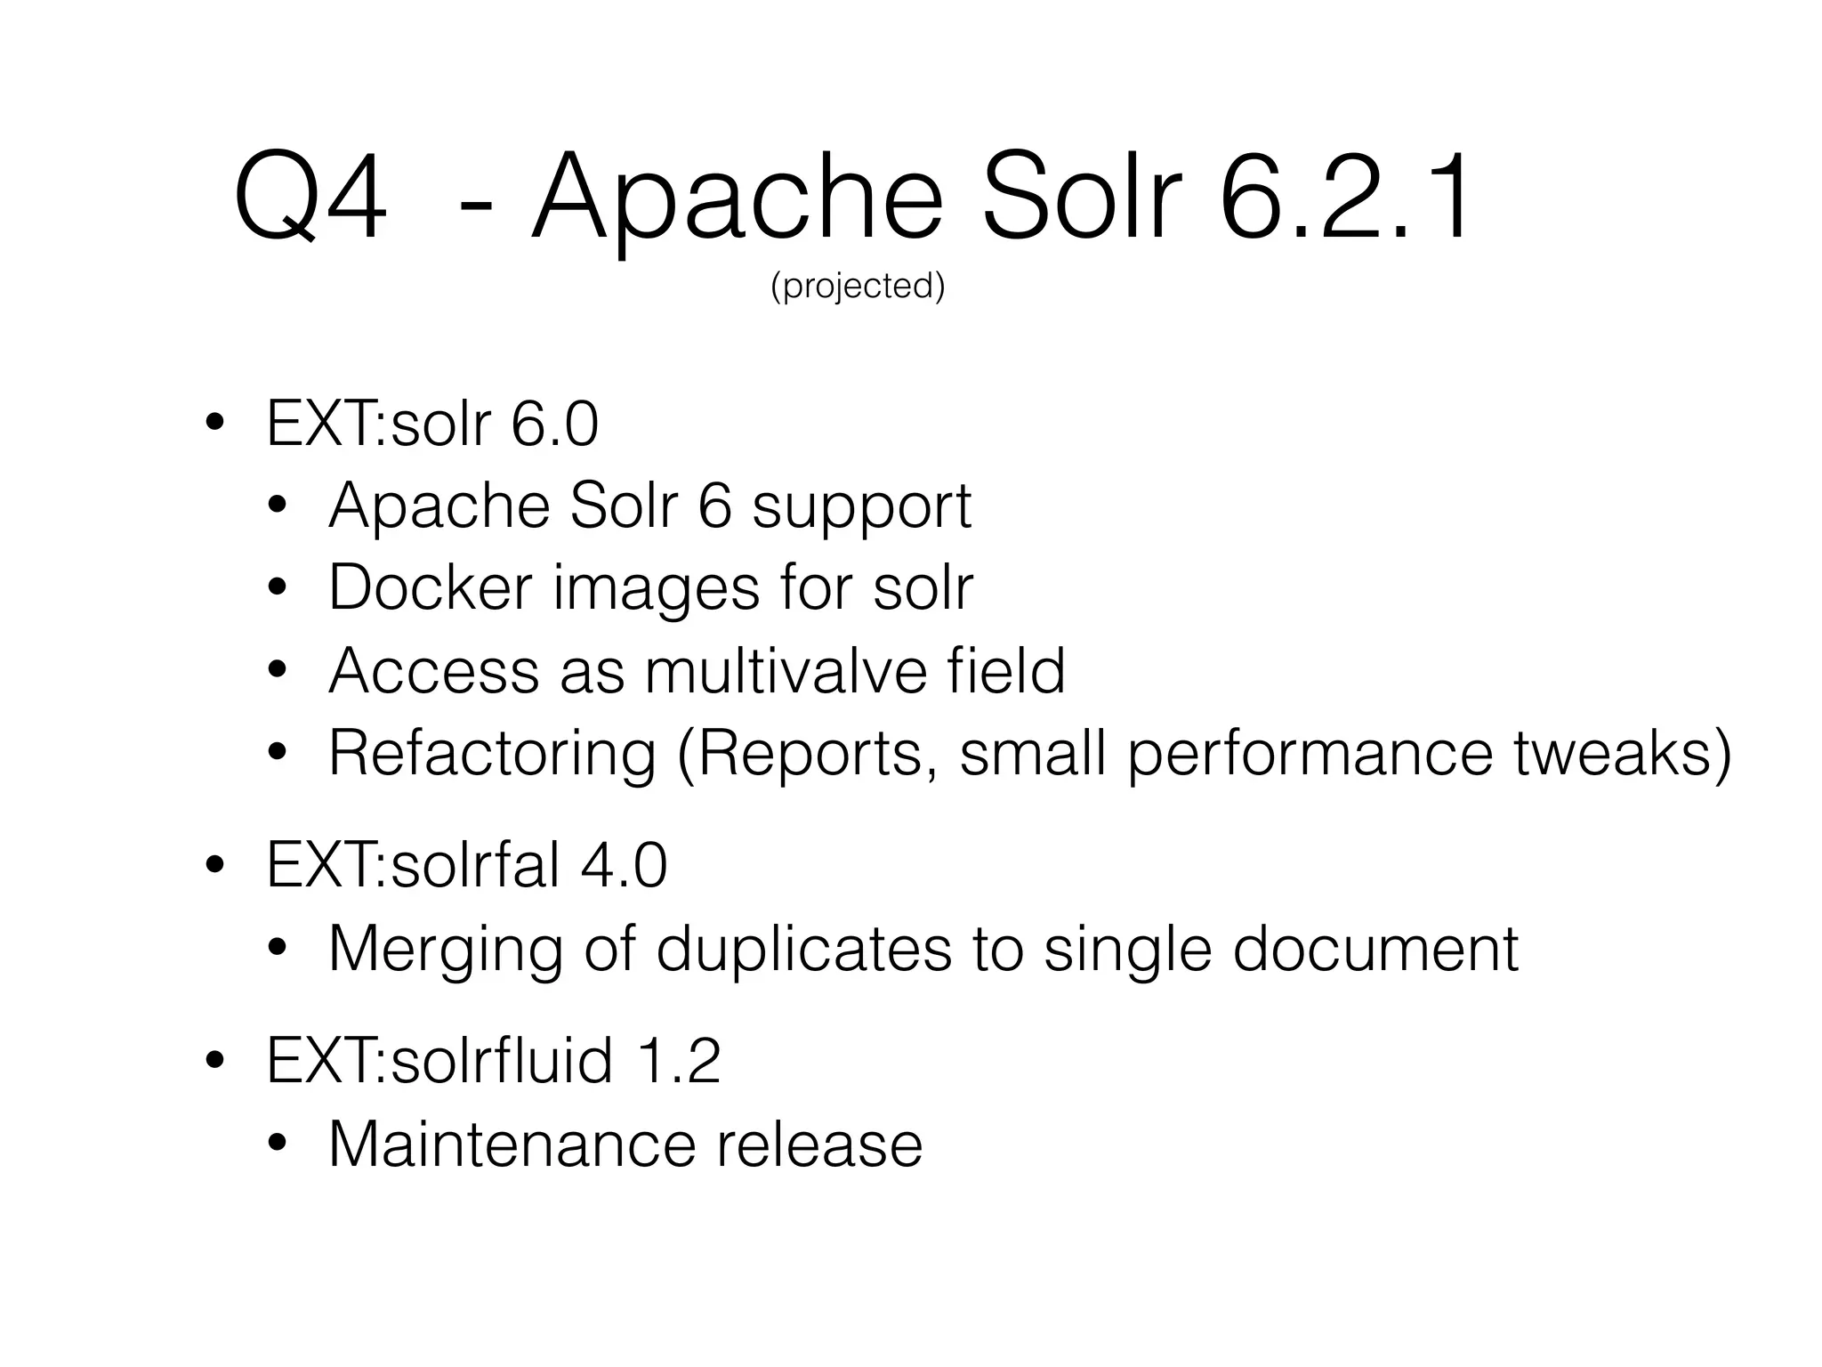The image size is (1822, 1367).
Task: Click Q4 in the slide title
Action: point(310,198)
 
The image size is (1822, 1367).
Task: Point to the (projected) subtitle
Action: point(858,286)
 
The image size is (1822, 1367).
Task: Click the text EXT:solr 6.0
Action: point(432,425)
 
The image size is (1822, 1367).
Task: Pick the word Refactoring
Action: point(492,754)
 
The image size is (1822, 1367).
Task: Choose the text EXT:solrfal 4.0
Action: point(466,865)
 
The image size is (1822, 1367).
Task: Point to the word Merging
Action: point(446,950)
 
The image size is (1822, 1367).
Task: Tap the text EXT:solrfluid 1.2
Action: point(493,1060)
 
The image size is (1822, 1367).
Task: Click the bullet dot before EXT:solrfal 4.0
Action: point(214,866)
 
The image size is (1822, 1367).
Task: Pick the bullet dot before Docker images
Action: point(278,588)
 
